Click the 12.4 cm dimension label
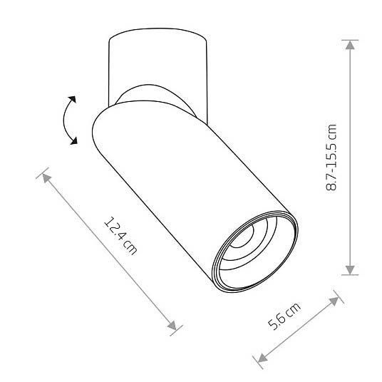click(x=120, y=235)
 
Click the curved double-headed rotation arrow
click(x=67, y=120)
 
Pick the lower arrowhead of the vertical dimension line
click(x=349, y=267)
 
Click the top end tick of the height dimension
click(x=349, y=38)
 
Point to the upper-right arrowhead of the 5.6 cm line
click(x=333, y=300)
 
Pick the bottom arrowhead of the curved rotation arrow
click(x=74, y=142)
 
